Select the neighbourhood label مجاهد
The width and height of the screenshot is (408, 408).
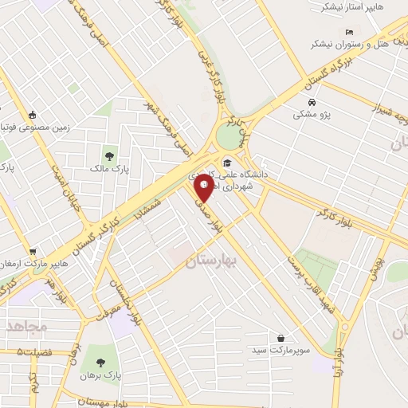pos(25,327)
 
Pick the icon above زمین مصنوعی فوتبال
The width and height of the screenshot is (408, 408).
pos(31,116)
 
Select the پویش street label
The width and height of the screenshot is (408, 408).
pos(375,267)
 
